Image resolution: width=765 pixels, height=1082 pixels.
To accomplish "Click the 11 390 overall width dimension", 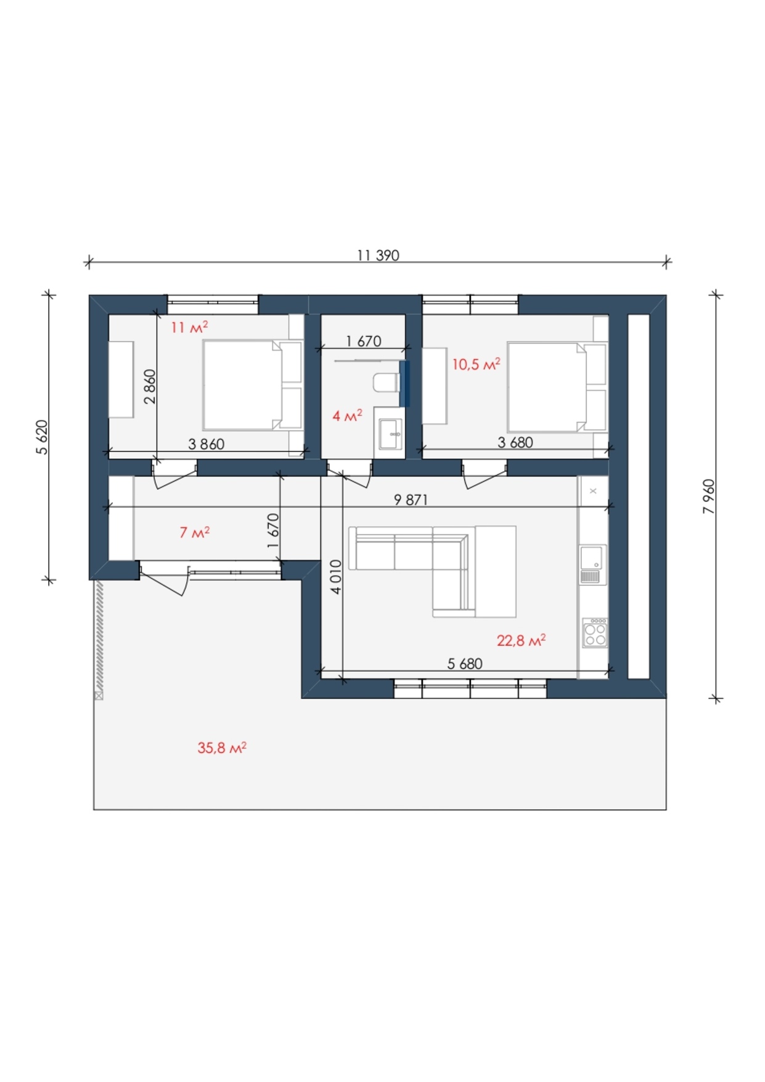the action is tap(378, 255).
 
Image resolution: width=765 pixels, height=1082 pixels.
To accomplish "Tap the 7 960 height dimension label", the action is tap(709, 497).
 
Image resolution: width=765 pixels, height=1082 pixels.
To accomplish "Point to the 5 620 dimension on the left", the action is tap(42, 437).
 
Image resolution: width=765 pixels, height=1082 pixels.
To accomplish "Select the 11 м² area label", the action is tap(189, 327).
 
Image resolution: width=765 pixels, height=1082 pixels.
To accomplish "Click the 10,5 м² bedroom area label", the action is tap(476, 365).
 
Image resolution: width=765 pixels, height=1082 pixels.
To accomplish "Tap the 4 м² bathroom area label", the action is tap(347, 416).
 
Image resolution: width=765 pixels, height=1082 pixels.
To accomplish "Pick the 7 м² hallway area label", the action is tap(194, 532).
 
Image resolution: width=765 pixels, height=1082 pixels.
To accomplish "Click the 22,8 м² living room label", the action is tap(521, 641).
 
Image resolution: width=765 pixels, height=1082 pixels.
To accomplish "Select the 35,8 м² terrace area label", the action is tap(222, 748).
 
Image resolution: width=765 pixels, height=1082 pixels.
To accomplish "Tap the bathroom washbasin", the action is tap(391, 434).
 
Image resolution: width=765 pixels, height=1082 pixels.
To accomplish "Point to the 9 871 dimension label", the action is tap(411, 500).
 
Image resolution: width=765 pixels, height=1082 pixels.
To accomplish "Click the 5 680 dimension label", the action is tap(465, 664).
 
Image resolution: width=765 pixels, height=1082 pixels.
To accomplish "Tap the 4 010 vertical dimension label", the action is tap(336, 577).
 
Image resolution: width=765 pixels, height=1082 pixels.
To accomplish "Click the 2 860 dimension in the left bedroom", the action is tap(150, 387).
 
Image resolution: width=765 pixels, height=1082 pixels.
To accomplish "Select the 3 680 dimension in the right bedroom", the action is tap(515, 442).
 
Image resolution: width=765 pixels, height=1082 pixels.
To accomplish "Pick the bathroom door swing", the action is tap(349, 476).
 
